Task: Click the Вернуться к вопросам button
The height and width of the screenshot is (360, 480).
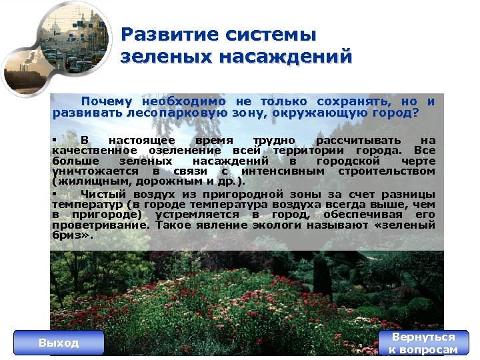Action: pyautogui.click(x=423, y=343)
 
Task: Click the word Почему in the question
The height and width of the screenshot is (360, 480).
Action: pyautogui.click(x=107, y=101)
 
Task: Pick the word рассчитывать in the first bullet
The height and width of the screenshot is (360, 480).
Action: pyautogui.click(x=358, y=141)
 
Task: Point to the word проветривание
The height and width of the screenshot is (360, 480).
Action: pyautogui.click(x=101, y=225)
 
